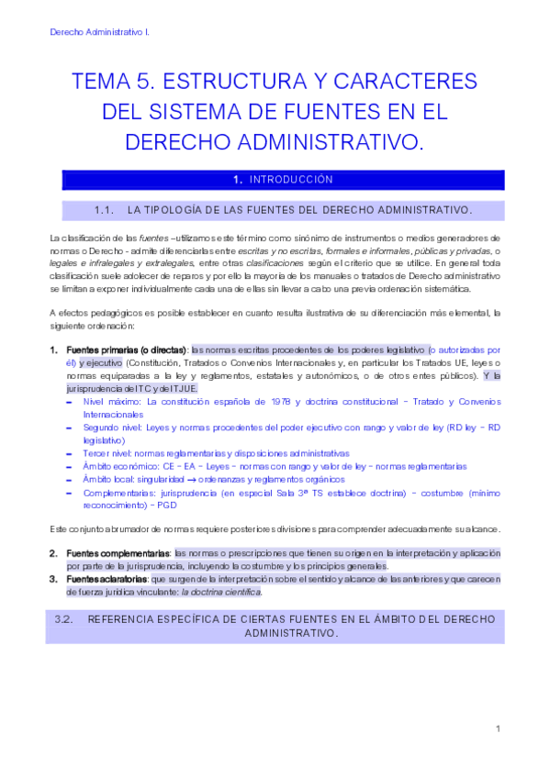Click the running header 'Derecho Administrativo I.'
point(100,31)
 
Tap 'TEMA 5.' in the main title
point(111,81)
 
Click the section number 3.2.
point(63,619)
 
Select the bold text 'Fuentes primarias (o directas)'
point(126,350)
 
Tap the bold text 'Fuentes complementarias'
point(118,553)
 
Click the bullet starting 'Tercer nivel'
point(109,453)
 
